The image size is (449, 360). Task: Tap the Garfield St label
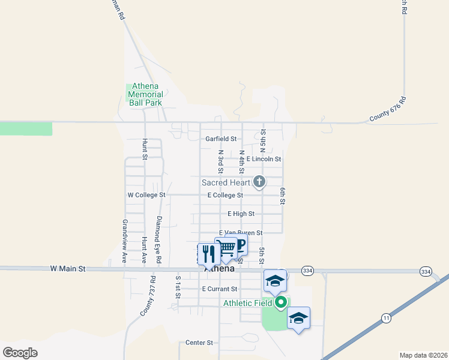pos(221,139)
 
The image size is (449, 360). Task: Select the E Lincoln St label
pos(264,159)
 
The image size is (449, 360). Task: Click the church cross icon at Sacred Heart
pos(259,181)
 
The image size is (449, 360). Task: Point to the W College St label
pos(146,195)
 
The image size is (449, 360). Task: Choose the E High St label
pos(241,214)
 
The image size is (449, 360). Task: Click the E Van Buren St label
pos(241,232)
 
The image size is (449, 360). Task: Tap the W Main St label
pos(69,269)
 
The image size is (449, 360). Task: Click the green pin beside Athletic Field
pos(281,302)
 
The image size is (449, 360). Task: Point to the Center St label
pos(199,343)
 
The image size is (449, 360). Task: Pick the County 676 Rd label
pos(388,110)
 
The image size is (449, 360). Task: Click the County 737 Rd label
pos(148,296)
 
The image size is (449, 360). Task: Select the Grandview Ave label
pos(125,234)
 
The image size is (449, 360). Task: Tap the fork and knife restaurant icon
pos(208,254)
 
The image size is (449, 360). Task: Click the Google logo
pos(20,352)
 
